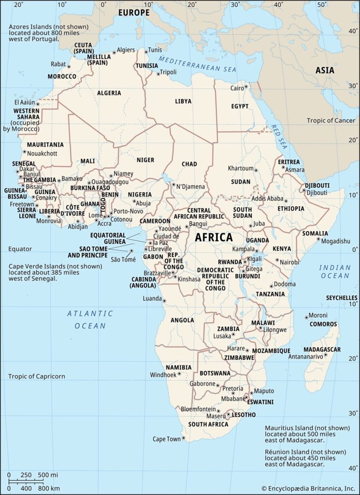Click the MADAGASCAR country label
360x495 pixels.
(x=322, y=349)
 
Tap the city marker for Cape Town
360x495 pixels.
(x=184, y=438)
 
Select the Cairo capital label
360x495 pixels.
(x=237, y=88)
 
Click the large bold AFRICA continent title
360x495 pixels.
(x=214, y=238)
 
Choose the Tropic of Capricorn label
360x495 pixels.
(x=36, y=376)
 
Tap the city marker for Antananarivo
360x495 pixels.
(x=326, y=355)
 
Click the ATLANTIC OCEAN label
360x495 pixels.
(x=90, y=320)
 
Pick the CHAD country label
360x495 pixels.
(x=189, y=164)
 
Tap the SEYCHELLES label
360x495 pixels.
(x=342, y=298)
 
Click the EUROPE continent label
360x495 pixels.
(x=134, y=13)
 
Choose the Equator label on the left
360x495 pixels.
(x=20, y=249)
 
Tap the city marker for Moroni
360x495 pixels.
(x=306, y=317)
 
